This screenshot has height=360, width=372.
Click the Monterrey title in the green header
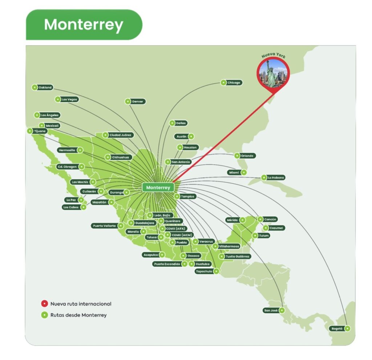point(84,25)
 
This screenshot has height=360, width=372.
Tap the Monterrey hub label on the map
point(158,188)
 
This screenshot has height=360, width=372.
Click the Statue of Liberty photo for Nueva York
point(273,74)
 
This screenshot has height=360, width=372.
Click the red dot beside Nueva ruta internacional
point(44,304)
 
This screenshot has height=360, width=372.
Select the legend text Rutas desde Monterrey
point(78,315)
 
